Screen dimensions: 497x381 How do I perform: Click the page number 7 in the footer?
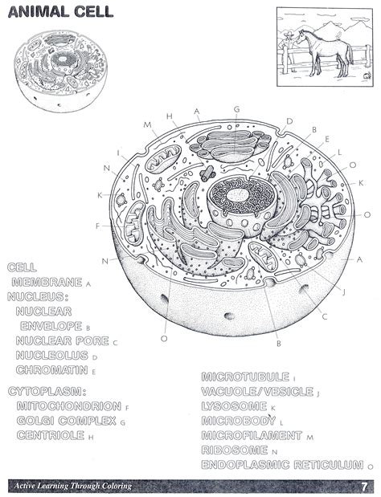coord(363,487)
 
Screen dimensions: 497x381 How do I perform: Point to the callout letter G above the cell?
coord(236,109)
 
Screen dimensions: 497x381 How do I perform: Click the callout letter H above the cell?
coord(170,116)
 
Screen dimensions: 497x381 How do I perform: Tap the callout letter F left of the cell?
coord(97,226)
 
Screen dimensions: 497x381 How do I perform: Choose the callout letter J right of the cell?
coord(343,291)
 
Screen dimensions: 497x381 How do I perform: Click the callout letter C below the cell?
coord(324,316)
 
